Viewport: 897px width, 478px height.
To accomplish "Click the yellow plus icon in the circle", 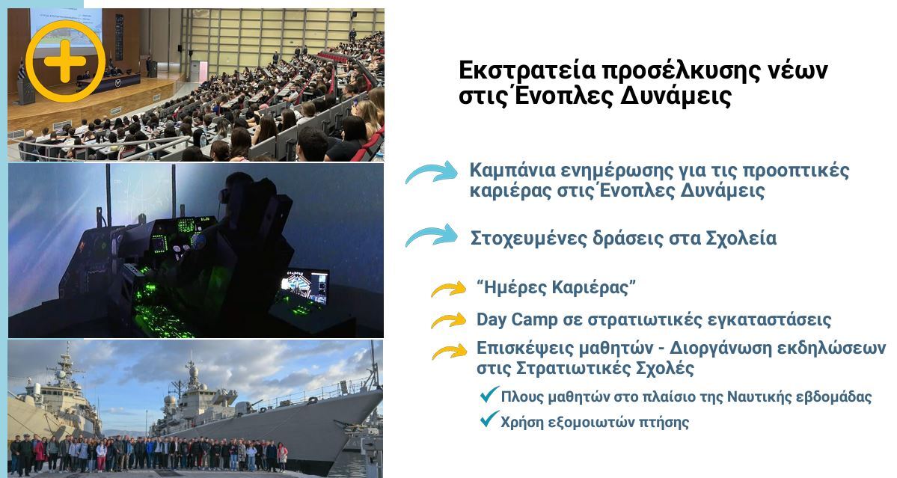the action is [64, 61].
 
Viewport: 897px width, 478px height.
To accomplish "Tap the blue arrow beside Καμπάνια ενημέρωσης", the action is [432, 172].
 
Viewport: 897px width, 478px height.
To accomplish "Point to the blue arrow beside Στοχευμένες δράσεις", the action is [432, 235].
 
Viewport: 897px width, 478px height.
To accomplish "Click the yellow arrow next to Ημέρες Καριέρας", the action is [449, 289].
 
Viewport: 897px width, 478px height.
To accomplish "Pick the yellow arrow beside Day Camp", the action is [449, 320].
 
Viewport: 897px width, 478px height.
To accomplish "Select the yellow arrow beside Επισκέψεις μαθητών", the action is [449, 352].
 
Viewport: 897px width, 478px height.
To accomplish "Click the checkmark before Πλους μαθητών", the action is [489, 394].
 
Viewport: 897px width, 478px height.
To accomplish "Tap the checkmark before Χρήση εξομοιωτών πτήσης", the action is [489, 420].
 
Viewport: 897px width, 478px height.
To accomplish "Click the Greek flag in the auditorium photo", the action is [22, 71].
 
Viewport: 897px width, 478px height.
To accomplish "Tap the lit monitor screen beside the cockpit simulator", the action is [304, 287].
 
